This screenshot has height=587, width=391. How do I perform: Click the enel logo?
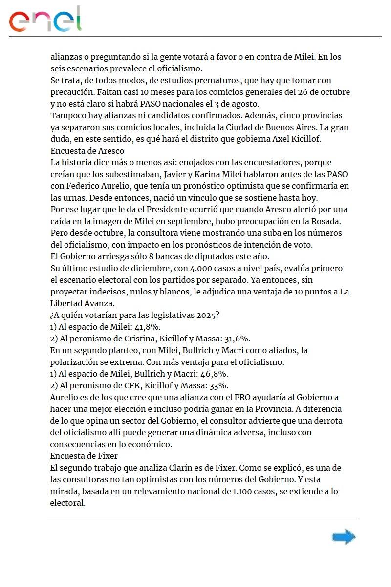click(x=45, y=20)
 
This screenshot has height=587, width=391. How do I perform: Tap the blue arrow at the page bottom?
click(x=344, y=537)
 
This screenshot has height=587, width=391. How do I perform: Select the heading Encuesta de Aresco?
click(x=87, y=151)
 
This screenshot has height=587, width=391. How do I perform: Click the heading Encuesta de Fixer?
click(x=84, y=456)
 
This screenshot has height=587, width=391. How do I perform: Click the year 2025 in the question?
click(x=206, y=315)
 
